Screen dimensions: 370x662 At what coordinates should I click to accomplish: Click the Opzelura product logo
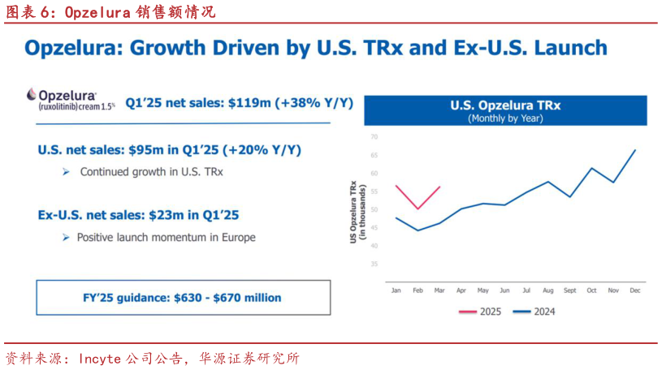click(71, 98)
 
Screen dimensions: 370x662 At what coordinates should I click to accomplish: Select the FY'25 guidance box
click(184, 298)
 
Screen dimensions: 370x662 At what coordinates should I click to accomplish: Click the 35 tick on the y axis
click(375, 265)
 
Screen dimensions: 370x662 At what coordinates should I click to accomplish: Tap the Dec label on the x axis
click(634, 290)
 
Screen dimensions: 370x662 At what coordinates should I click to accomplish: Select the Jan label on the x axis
click(396, 290)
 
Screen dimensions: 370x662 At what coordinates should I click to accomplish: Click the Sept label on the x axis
click(569, 290)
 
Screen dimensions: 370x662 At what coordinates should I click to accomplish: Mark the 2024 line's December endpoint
click(635, 150)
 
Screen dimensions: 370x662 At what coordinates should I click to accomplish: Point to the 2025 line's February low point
click(418, 209)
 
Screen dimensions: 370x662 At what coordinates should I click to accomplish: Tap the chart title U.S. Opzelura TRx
click(505, 105)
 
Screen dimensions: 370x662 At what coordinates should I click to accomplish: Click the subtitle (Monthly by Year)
click(505, 118)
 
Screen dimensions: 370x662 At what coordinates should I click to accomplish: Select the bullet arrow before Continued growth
click(66, 172)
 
